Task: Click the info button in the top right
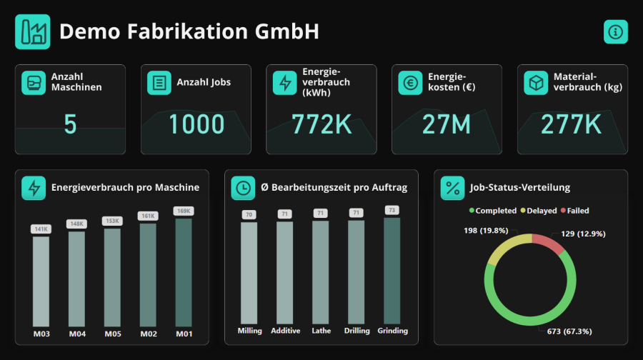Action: point(615,31)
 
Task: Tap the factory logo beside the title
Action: point(33,31)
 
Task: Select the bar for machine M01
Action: point(184,271)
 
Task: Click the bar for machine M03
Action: point(41,281)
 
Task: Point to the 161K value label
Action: point(148,215)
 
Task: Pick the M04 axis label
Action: point(77,333)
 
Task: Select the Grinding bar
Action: point(392,271)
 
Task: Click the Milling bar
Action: point(249,274)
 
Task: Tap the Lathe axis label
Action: point(321,331)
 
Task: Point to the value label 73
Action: point(392,210)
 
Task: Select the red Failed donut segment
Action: point(551,243)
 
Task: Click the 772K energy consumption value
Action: point(321,124)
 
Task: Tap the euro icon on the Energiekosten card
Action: point(410,83)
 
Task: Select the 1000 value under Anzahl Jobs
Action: point(196,124)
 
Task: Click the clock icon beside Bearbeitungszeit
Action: point(243,188)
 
